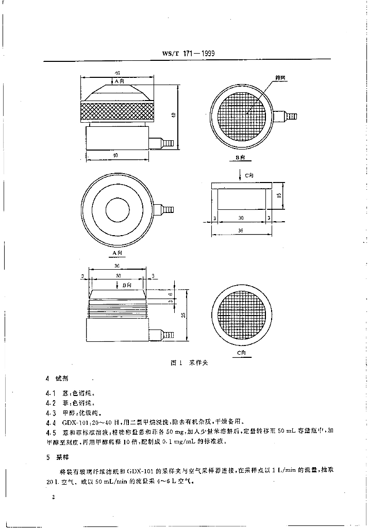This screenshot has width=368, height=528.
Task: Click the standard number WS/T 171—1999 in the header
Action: point(189,54)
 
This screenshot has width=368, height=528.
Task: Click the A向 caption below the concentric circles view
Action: point(118,253)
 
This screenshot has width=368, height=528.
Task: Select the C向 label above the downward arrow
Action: point(249,176)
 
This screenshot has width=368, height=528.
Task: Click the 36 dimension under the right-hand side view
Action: point(241,230)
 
